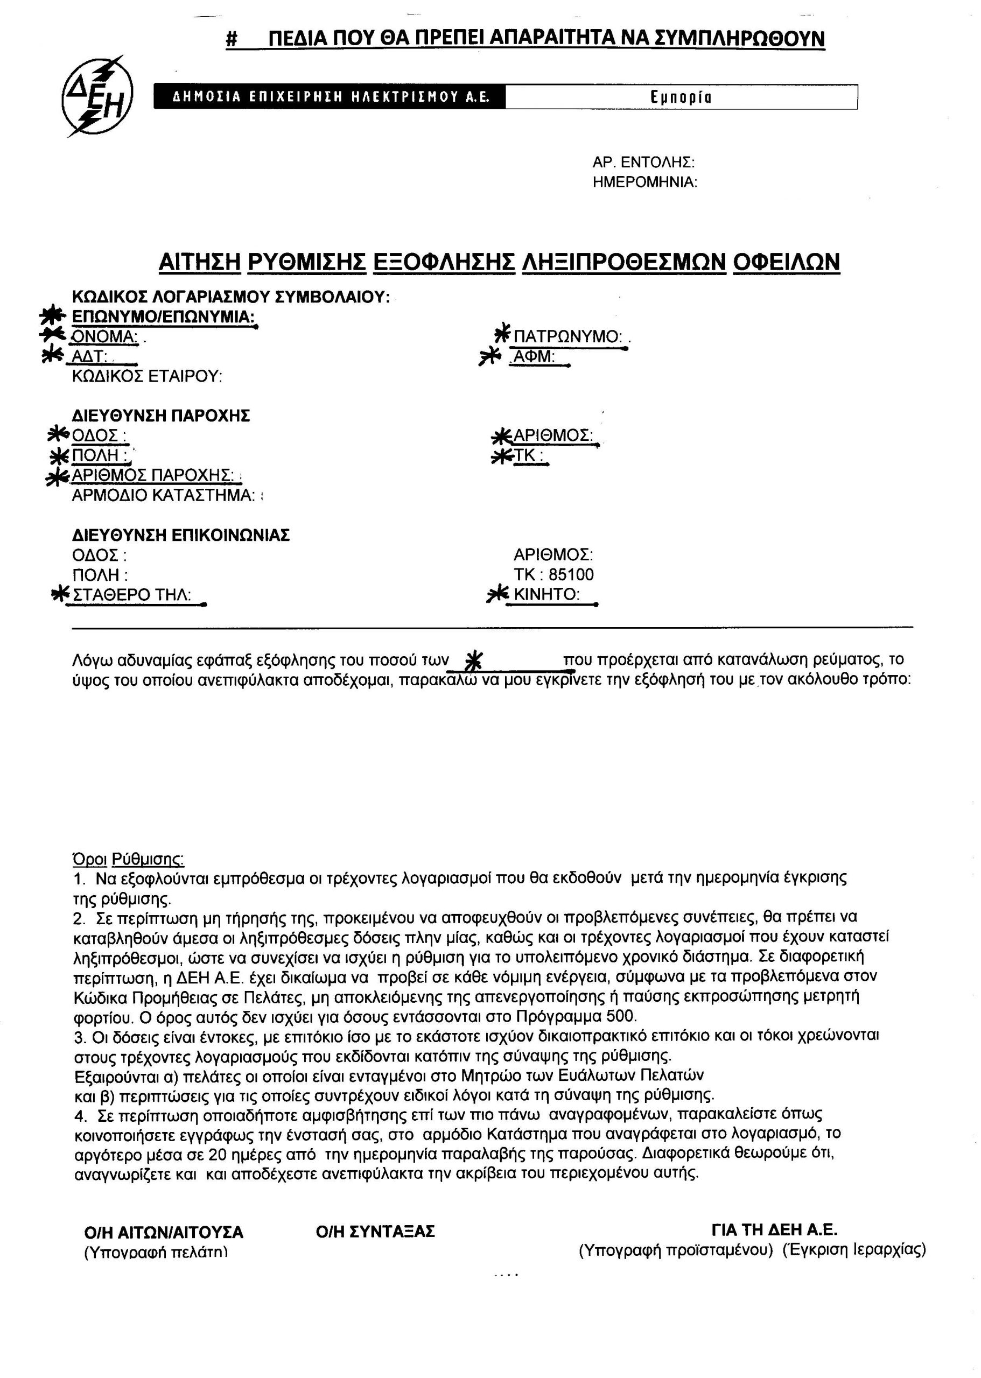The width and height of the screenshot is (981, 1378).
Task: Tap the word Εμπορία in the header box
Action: point(680,97)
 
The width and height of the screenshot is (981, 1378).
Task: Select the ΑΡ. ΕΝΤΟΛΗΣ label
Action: point(643,163)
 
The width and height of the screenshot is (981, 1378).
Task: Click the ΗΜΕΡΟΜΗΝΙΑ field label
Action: point(644,182)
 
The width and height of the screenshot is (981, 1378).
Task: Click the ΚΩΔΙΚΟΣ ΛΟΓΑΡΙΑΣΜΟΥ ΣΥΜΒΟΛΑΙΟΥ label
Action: point(231,297)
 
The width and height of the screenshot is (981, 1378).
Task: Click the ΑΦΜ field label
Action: point(534,357)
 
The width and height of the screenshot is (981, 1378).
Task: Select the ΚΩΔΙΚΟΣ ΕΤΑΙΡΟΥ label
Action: point(147,377)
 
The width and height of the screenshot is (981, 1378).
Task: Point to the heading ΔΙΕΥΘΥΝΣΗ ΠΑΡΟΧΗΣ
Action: point(160,416)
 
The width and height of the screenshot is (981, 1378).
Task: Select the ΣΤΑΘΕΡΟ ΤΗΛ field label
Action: point(132,595)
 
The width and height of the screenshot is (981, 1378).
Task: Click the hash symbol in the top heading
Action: point(232,40)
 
